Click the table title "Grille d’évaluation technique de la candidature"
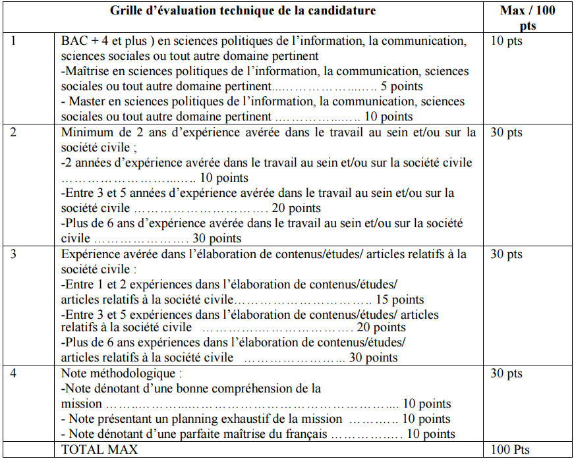[243, 11]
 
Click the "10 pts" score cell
[506, 41]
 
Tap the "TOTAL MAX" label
[100, 450]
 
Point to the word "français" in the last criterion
[306, 434]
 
